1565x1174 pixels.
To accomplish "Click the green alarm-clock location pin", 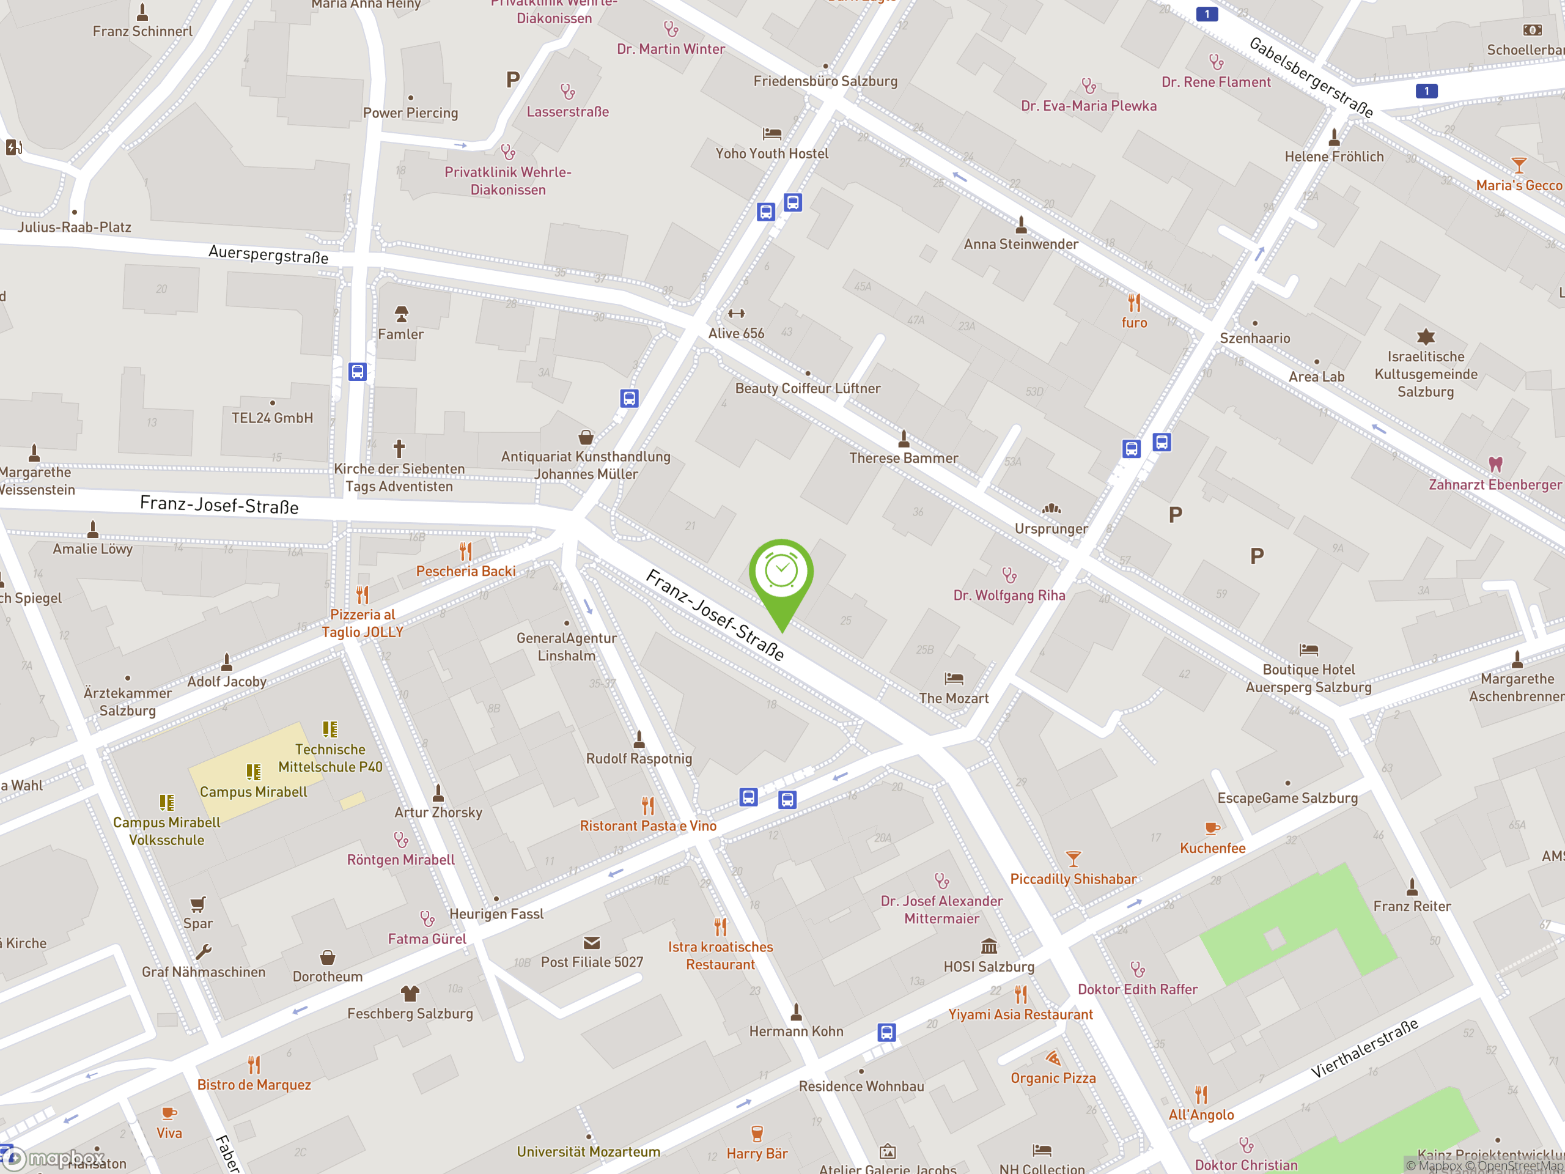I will (x=781, y=573).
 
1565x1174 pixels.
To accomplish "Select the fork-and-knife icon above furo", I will (x=1134, y=303).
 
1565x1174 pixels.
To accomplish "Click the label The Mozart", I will (x=953, y=698).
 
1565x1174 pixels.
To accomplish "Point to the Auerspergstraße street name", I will (x=268, y=255).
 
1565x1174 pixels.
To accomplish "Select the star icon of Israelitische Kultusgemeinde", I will (x=1426, y=337).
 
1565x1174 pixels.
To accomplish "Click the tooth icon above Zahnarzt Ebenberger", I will (x=1494, y=465).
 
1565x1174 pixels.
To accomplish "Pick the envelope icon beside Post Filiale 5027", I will (x=592, y=943).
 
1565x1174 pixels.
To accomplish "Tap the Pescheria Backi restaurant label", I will (x=466, y=571).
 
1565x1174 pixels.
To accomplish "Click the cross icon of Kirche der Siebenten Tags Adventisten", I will (x=399, y=449).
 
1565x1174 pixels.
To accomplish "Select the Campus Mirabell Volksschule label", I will (x=166, y=832).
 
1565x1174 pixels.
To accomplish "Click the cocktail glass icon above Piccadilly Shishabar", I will (x=1073, y=859).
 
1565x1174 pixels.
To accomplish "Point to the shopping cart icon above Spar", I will (x=198, y=904).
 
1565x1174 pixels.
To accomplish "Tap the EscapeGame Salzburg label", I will (x=1287, y=798).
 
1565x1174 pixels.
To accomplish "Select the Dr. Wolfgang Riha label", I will (x=1009, y=595).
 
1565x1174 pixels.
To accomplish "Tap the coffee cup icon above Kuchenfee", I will (x=1212, y=828).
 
